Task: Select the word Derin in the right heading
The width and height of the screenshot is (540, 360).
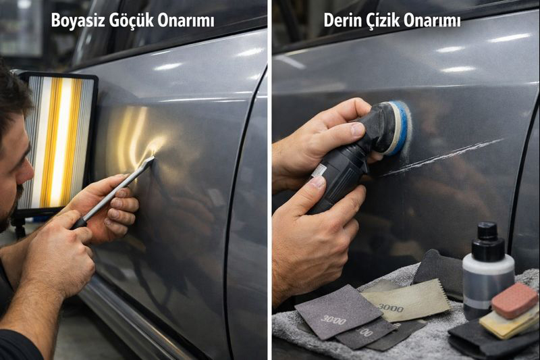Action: coord(342,21)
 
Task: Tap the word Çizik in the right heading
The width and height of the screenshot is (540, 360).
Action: coord(381,21)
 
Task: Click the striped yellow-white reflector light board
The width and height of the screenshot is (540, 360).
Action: coord(59,141)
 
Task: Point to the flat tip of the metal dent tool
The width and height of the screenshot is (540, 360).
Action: coord(151,160)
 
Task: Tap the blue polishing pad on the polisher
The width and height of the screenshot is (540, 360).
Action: coord(401,128)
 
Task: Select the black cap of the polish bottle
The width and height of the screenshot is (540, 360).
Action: coord(487,238)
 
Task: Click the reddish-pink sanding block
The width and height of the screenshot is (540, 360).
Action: coord(514,301)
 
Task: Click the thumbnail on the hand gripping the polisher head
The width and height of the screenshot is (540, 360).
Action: coord(358,129)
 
